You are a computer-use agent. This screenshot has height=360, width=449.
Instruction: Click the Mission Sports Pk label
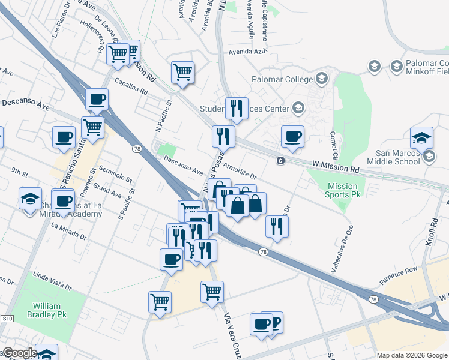pos(343,190)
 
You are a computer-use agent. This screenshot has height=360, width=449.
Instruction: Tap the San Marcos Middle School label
pos(394,157)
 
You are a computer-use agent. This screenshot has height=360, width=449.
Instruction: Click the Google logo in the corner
pos(19,353)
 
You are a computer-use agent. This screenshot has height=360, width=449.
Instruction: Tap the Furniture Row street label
pos(397,280)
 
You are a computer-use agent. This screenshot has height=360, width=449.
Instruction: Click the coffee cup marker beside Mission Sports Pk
pos(292,137)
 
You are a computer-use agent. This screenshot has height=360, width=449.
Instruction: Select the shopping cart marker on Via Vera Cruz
pos(212,292)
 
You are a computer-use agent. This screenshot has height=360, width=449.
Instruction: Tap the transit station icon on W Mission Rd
pos(280,161)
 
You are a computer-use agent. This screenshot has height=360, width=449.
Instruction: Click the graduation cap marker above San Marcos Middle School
pos(421,137)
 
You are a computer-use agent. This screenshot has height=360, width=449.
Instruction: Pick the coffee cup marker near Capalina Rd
pos(97,100)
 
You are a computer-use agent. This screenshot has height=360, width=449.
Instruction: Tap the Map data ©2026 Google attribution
pos(412,355)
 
